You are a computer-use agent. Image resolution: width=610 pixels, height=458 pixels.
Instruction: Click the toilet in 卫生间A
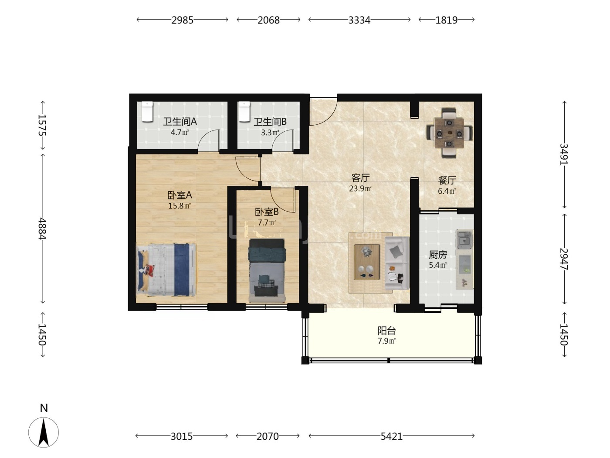click(147, 112)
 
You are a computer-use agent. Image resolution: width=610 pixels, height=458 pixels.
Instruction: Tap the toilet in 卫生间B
click(244, 112)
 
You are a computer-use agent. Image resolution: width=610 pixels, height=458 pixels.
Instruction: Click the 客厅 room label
click(360, 178)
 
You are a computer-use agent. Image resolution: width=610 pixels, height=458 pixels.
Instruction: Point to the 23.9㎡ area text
click(360, 188)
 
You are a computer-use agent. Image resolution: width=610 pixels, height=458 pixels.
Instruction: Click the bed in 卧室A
click(166, 270)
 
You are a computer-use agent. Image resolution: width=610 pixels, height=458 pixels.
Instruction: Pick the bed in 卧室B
click(267, 270)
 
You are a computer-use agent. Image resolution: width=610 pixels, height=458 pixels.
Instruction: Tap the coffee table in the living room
click(366, 262)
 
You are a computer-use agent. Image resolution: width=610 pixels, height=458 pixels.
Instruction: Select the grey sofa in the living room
click(397, 263)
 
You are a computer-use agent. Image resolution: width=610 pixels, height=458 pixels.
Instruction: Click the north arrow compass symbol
click(44, 432)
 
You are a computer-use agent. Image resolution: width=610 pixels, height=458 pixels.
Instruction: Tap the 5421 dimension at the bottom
click(392, 437)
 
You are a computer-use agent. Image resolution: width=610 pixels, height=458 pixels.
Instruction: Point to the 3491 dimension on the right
click(564, 154)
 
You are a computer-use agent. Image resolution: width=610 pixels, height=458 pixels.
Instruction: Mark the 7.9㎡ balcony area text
click(386, 341)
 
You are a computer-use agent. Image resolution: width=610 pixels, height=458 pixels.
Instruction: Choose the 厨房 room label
click(438, 254)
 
